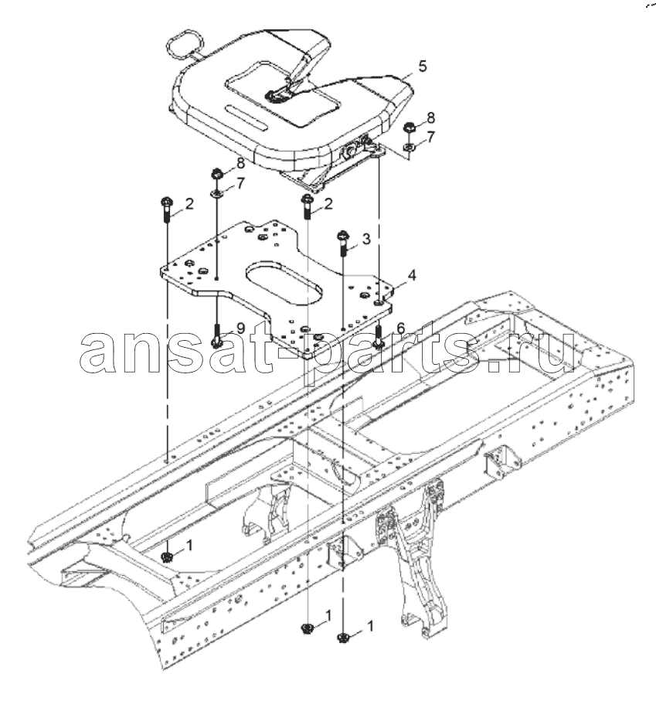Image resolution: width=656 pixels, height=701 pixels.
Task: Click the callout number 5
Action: coord(423,66)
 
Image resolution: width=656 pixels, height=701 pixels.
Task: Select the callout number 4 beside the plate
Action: coord(412,275)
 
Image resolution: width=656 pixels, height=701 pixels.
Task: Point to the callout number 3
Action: coord(366,239)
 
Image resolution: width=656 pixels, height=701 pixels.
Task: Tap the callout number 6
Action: coord(400,328)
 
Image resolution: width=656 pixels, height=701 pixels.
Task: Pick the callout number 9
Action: coord(241,328)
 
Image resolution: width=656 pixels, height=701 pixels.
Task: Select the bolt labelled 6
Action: coord(379,335)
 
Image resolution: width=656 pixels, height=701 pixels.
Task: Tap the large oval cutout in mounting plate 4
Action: coord(284,281)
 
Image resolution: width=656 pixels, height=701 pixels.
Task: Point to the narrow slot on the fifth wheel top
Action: coord(246,117)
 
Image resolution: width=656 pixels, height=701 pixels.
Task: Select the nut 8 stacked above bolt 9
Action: coord(217,172)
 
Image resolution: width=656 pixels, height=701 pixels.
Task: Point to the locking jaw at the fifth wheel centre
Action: coord(274,95)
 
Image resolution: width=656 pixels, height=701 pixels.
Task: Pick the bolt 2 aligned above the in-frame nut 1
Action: coord(166,209)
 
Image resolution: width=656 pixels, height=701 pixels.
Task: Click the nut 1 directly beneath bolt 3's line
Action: coord(343,638)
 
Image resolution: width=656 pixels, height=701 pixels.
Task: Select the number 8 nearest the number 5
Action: coord(430,118)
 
